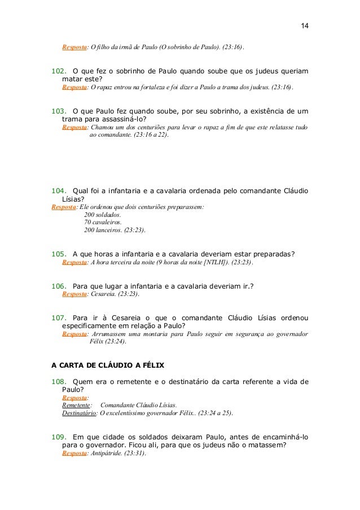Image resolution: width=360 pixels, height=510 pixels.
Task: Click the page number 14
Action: coord(305,27)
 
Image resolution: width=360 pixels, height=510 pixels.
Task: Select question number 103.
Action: coord(59,112)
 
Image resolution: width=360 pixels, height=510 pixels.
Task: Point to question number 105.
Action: coord(59,253)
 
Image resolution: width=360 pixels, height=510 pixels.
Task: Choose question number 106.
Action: coord(59,286)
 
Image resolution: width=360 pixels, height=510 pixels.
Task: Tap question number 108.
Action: coord(59,381)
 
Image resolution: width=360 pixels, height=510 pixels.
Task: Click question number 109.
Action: coord(59,437)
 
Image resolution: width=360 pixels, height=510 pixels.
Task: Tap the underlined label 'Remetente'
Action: coord(76,405)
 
